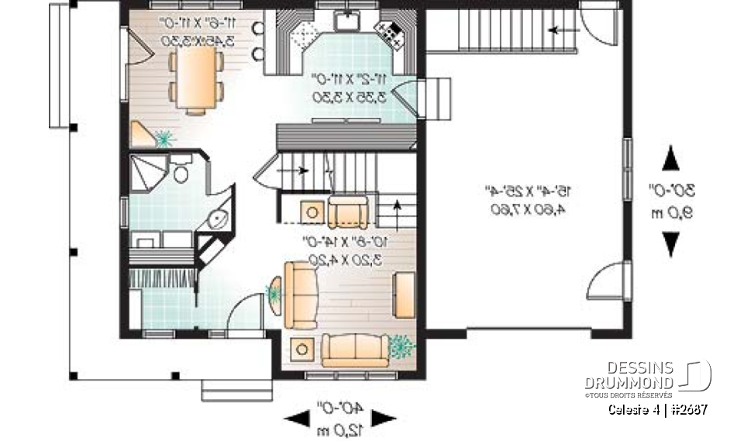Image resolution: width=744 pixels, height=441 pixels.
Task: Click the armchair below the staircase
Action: coord(348,210)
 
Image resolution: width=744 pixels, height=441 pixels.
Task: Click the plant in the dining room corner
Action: coord(164,138)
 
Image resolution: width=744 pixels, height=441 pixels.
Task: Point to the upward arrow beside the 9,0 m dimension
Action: coord(671,160)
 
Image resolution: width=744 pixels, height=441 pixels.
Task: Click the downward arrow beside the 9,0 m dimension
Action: coord(671,244)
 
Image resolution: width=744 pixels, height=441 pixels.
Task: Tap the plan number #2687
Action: coord(688,409)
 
